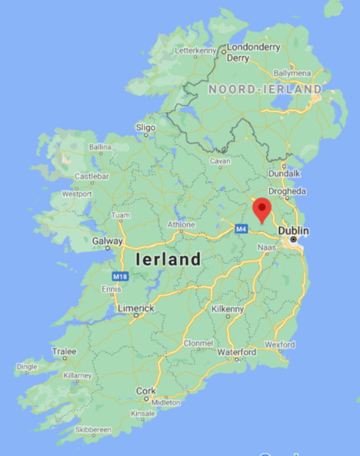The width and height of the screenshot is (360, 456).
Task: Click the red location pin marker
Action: point(261,209)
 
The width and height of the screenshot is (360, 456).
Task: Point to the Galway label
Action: point(107,241)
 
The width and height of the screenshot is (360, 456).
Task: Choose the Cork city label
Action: point(146,391)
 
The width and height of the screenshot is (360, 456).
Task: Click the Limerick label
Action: point(136,308)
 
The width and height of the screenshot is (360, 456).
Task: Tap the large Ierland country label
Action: point(168,259)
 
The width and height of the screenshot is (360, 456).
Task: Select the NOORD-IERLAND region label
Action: point(264,90)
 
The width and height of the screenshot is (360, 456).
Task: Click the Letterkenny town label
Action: point(195,49)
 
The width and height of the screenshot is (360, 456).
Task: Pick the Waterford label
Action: point(236,351)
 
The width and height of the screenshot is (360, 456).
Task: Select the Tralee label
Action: point(64,351)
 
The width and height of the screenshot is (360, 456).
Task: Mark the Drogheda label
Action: point(287,191)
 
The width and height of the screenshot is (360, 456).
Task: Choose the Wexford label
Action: point(280,345)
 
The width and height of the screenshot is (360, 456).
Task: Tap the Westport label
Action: point(76,194)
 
